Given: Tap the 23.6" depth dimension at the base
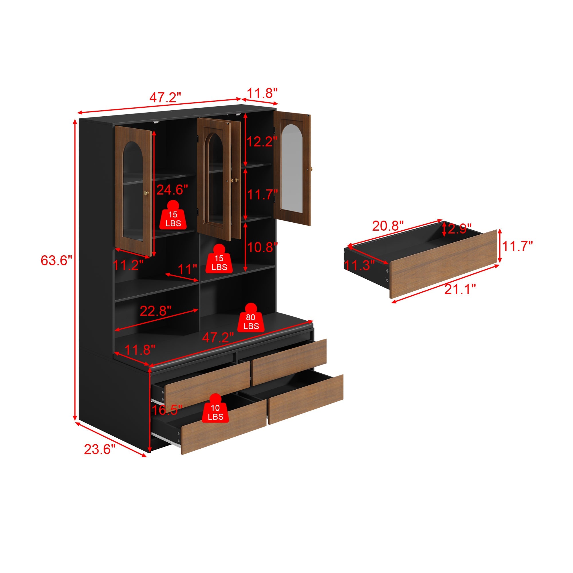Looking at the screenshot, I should pos(99,449).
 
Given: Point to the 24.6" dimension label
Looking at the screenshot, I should pos(172,190).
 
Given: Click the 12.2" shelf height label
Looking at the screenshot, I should pos(262,142).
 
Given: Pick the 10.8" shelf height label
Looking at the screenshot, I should pos(262,247).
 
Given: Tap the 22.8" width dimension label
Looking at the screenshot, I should pos(155,311).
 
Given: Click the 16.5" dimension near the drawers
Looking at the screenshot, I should pos(167,410).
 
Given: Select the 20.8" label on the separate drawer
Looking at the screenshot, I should pos(388,226).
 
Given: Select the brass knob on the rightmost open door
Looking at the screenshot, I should pos(311,169).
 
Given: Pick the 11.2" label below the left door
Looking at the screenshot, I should pos(128,265).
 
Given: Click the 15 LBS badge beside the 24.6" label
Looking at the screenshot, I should pos(173,217).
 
